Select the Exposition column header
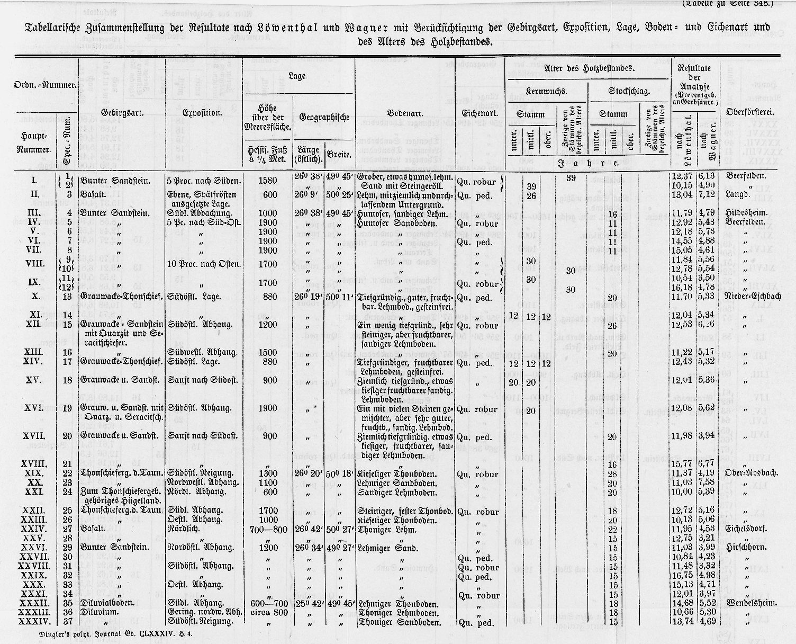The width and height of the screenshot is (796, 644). (x=202, y=113)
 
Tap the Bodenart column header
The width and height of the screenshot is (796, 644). (x=405, y=113)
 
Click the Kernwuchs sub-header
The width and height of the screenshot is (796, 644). (x=547, y=91)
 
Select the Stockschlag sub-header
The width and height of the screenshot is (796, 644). (x=629, y=91)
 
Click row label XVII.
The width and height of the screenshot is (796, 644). (x=33, y=436)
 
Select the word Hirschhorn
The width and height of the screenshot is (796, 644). (x=747, y=547)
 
